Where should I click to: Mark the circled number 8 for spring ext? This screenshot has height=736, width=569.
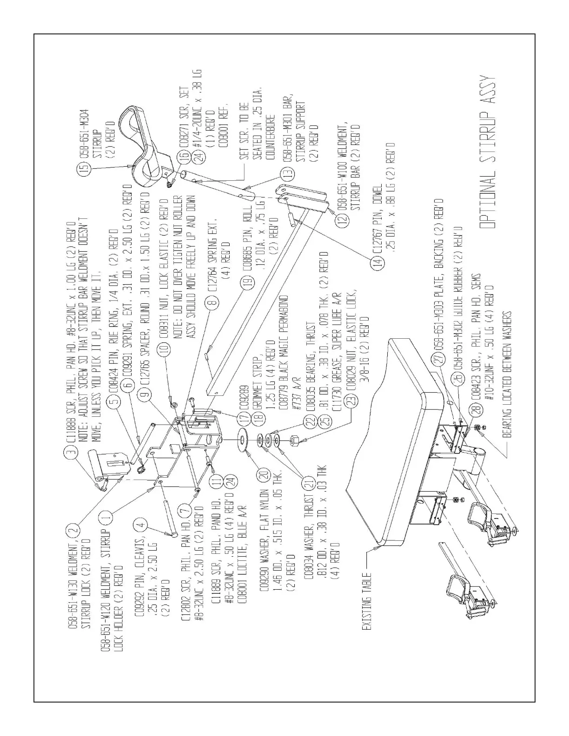[214, 304]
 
